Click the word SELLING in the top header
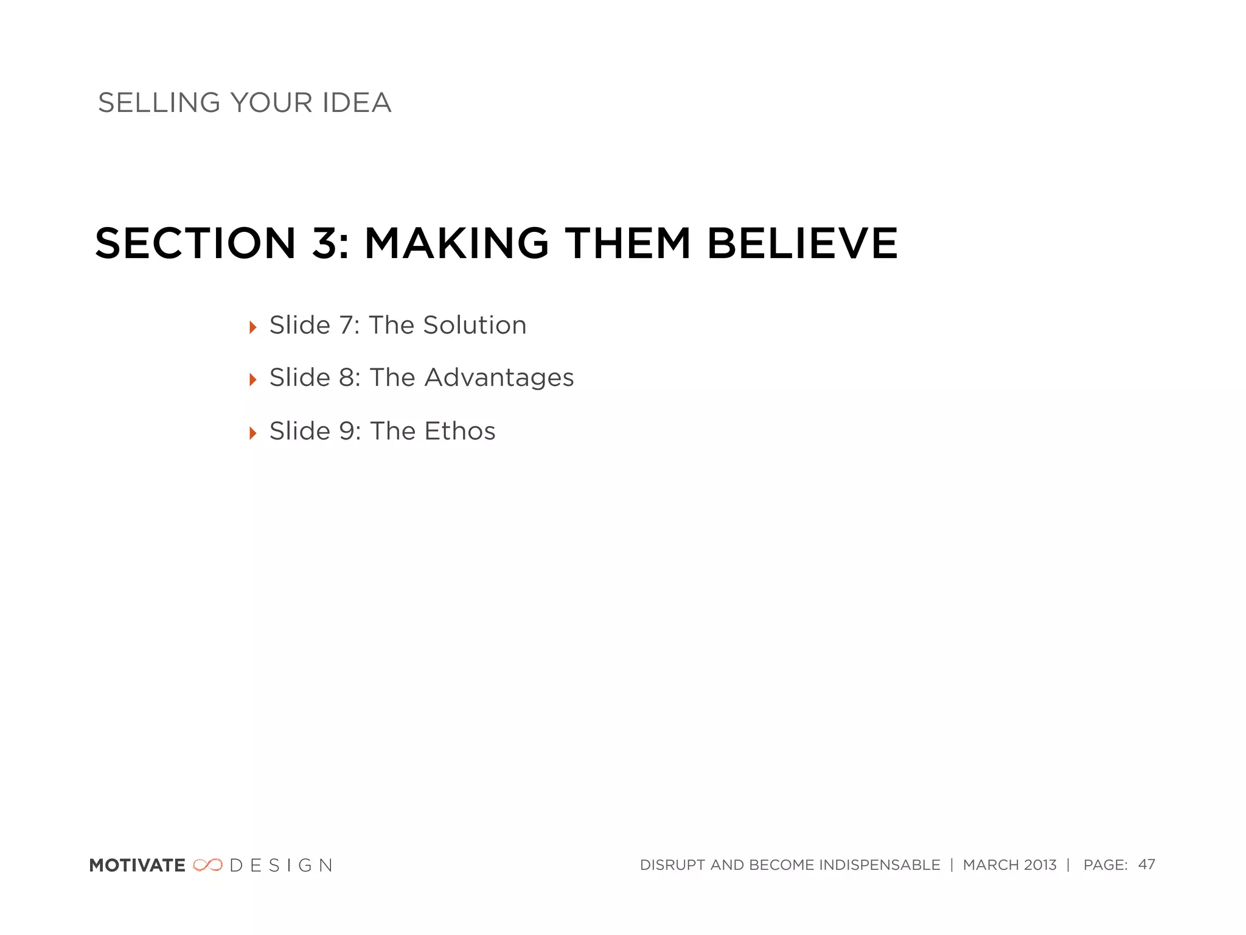point(159,103)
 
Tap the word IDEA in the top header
point(357,103)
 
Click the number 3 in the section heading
point(325,243)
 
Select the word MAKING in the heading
point(456,243)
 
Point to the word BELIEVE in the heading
point(802,243)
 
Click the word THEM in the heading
point(628,243)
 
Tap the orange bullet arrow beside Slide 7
point(253,327)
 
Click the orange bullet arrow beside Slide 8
point(253,380)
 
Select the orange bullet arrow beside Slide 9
point(253,433)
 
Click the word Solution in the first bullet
point(475,325)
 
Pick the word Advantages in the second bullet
point(499,378)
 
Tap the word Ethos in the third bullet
point(460,431)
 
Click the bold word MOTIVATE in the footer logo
point(137,865)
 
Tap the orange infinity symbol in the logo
point(207,865)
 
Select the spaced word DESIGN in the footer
point(281,865)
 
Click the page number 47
point(1146,864)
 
